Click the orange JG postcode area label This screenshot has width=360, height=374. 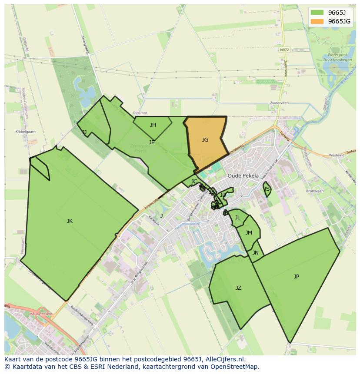tap(205, 140)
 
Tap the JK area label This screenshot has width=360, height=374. tap(70, 221)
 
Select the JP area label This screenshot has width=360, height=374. tap(297, 277)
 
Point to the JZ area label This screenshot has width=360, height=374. tap(238, 288)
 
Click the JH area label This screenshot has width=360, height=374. tap(153, 125)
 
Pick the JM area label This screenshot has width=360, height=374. tap(249, 233)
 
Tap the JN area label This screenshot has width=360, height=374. tap(256, 253)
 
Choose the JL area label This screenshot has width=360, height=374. tap(238, 218)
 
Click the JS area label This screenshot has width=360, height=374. tap(267, 189)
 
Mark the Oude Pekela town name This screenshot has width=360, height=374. tap(243, 176)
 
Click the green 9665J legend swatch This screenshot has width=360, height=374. tap(317, 13)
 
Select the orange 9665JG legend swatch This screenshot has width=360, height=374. tap(317, 21)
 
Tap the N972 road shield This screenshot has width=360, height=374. tap(284, 50)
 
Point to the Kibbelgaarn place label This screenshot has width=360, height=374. tap(25, 131)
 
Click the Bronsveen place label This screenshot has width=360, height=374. tap(315, 191)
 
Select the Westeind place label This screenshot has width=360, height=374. tap(337, 155)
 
